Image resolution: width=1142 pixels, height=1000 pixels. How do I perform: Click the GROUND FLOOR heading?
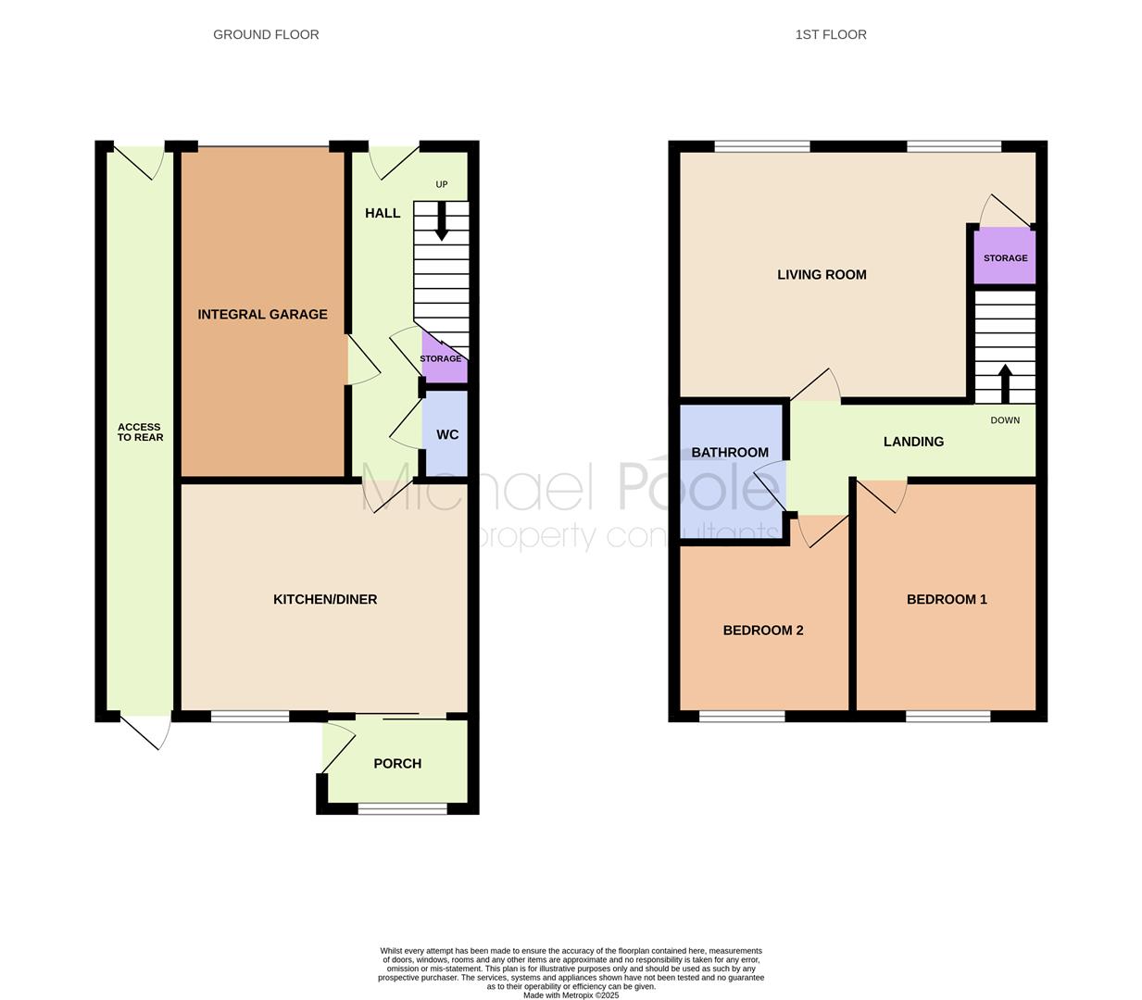pos(266,34)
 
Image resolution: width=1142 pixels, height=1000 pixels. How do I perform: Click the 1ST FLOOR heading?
pos(831,34)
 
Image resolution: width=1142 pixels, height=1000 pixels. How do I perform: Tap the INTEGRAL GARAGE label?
pos(262,314)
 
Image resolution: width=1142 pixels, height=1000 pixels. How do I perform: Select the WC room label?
pos(447,434)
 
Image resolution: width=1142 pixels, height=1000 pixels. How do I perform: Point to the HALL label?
pos(383,213)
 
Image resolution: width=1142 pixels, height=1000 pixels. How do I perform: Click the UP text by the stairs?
pos(442,184)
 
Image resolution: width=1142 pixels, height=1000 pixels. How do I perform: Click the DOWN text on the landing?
pos(1005,420)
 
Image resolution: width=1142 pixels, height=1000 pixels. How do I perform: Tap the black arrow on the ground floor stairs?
pos(442,221)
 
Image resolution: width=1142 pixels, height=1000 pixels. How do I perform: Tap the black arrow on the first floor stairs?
pos(1005,383)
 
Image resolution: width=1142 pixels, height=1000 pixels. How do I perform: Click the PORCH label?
pos(397,763)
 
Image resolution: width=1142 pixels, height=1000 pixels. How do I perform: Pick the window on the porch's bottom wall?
pos(403,808)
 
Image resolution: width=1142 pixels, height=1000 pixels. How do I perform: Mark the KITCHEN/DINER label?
pos(325,599)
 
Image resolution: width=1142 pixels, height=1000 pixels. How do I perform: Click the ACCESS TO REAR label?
pos(140,431)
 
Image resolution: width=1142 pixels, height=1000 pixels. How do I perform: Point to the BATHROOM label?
pos(730,453)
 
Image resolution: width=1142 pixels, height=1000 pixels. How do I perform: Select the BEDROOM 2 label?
pos(763,631)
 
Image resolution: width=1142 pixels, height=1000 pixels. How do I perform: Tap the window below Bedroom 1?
pos(947,716)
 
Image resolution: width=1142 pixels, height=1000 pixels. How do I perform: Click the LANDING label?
pos(913,442)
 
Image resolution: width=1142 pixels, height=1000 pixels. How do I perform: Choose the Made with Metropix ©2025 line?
pos(571,995)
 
